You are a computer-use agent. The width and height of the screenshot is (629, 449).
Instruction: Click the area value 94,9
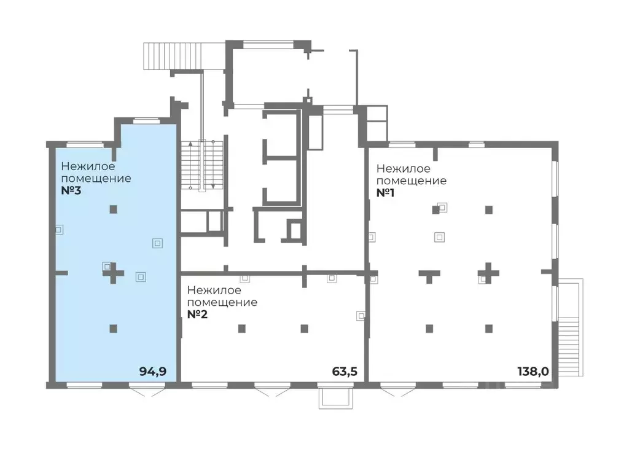tap(153, 372)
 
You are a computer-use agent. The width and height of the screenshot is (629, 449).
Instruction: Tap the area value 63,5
tap(345, 372)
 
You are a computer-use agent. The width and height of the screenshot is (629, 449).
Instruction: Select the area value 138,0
tap(533, 372)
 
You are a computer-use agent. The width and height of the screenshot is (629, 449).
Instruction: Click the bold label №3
tap(71, 190)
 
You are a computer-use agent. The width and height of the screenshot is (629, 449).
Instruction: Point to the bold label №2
tap(197, 314)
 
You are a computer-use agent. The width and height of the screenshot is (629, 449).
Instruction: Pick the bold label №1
tap(386, 193)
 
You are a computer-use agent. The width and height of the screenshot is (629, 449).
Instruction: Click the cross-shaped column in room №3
tap(114, 273)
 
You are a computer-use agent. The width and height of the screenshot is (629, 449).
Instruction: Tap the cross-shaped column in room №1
tap(488, 273)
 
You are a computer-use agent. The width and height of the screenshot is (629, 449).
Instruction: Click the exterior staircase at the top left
tap(173, 56)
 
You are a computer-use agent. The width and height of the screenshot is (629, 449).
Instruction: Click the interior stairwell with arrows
tap(201, 165)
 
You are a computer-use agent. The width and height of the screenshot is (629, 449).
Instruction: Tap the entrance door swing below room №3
tap(147, 391)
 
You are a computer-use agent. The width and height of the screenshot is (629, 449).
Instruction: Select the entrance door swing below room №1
tap(398, 391)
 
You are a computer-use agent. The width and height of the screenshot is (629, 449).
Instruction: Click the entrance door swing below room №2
tap(272, 391)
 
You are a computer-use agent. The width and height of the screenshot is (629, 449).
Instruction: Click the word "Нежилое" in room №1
tap(403, 169)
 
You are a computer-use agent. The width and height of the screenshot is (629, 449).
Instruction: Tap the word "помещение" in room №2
tap(222, 303)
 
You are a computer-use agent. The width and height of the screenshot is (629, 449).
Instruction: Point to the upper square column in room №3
tap(114, 209)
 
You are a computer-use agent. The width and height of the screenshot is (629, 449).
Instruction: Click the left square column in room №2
tap(242, 329)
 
